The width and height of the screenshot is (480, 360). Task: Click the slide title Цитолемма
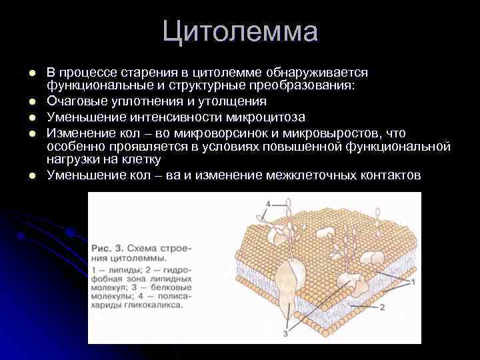click(240, 32)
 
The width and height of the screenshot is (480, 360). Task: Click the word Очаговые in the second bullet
click(71, 101)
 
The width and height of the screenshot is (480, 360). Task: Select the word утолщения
click(234, 101)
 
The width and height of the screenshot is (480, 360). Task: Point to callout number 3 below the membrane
click(285, 333)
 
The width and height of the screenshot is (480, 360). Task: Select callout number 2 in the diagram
click(383, 307)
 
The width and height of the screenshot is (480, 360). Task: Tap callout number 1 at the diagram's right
click(413, 282)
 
